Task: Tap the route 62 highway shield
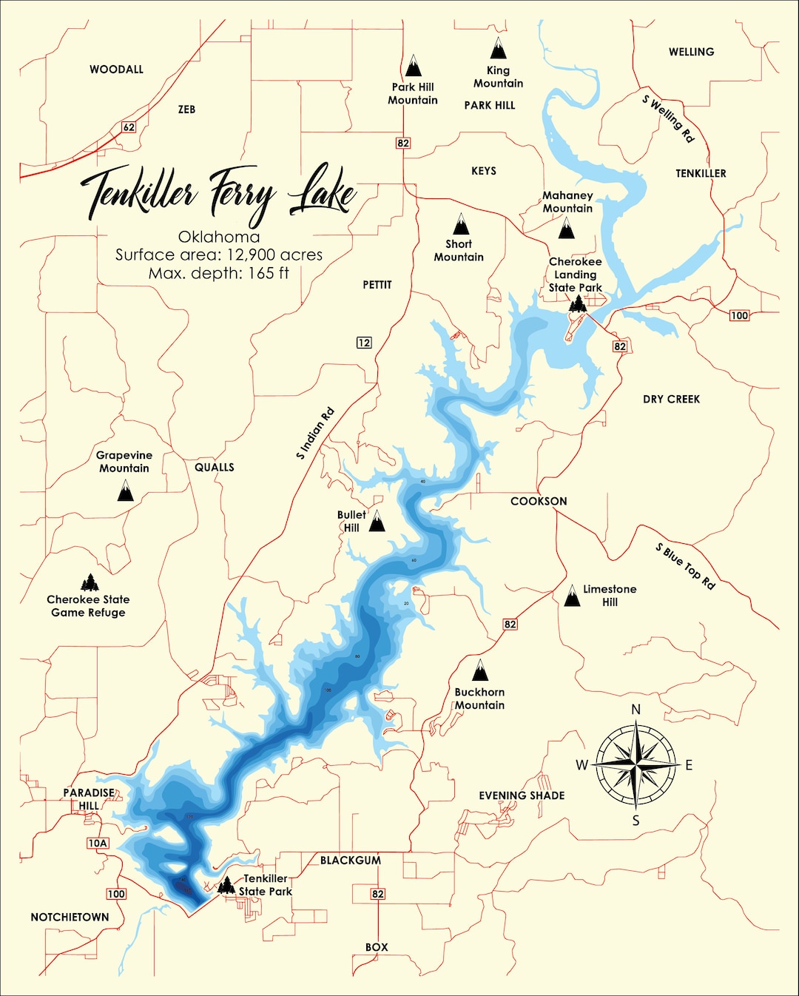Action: (129, 127)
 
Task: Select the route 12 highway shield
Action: (364, 343)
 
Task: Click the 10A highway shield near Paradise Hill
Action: (98, 843)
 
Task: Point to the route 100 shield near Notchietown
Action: (116, 894)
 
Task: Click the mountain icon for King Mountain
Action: (499, 49)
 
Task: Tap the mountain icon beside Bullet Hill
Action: (377, 522)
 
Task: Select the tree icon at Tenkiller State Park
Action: (226, 885)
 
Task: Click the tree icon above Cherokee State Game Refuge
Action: (90, 582)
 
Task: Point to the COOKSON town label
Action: (539, 501)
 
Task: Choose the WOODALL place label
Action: (116, 70)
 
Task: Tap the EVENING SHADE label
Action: (522, 795)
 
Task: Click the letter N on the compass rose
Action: (636, 710)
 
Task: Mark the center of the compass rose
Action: (636, 764)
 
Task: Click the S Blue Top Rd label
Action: (685, 566)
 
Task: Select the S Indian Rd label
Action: (315, 434)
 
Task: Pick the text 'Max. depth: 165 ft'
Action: (219, 273)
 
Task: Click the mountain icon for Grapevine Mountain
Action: (126, 490)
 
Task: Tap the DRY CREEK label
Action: (671, 399)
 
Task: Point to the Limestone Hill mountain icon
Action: (572, 596)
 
